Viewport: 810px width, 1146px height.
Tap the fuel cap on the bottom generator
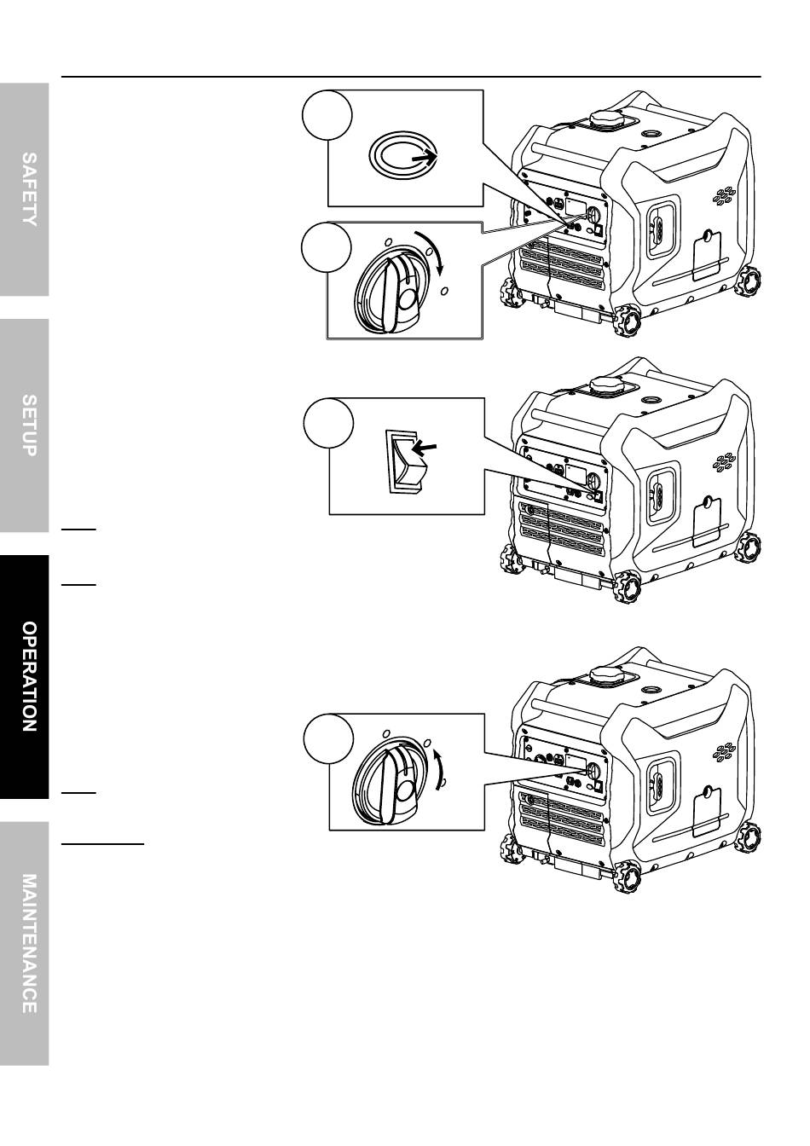tap(605, 675)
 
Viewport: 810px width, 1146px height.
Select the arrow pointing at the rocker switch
tap(425, 446)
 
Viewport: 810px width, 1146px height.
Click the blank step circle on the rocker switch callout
tap(328, 424)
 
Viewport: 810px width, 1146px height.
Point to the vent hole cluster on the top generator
tap(725, 197)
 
